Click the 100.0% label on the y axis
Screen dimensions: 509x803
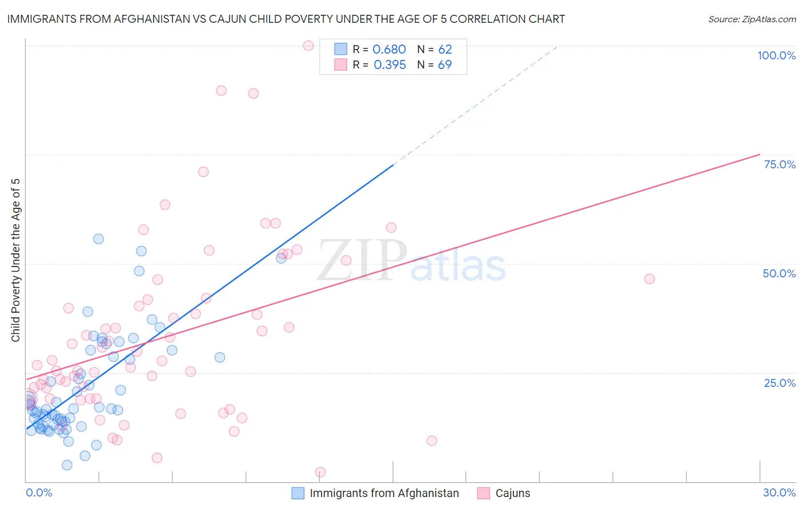point(776,55)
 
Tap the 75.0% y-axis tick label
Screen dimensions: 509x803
point(780,164)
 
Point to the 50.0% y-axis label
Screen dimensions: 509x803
point(779,273)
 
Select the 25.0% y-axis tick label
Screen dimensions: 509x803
point(780,383)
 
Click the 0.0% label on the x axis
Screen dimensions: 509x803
point(39,492)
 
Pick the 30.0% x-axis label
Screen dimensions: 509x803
point(779,492)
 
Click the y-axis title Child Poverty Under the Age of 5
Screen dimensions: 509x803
point(16,260)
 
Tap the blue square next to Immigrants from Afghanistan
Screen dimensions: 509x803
point(298,493)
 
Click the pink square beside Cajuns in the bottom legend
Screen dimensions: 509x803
point(484,493)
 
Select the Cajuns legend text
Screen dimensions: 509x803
point(512,493)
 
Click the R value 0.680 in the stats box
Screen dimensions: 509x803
point(389,50)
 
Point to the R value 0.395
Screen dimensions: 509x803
point(390,65)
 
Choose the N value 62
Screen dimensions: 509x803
point(445,50)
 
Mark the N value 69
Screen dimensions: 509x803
point(445,65)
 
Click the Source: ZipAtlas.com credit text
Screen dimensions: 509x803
point(752,19)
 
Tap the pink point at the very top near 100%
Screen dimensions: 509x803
point(308,46)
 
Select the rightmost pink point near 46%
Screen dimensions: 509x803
point(649,279)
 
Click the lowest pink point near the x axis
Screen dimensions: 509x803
point(320,472)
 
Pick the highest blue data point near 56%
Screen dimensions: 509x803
point(98,239)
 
